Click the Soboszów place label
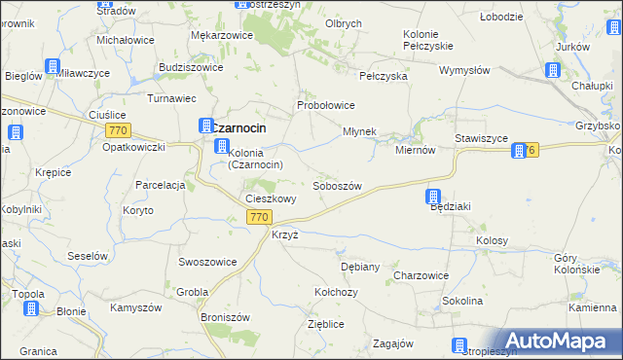337,186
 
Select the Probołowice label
325,105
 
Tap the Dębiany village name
359,266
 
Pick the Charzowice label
421,275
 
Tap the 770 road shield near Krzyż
258,217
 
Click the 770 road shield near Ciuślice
120,130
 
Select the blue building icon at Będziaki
434,197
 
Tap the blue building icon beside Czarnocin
205,126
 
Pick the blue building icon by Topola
30,308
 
